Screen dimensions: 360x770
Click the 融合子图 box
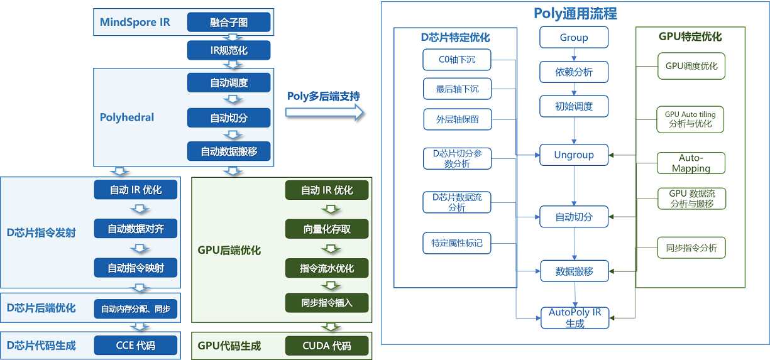[229, 23]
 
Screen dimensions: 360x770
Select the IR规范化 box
[229, 50]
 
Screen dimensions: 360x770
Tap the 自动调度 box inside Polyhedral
[229, 82]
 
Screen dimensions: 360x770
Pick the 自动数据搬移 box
[229, 151]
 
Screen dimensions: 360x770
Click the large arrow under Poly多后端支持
[324, 112]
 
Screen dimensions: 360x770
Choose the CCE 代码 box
[136, 345]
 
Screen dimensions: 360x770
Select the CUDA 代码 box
[327, 346]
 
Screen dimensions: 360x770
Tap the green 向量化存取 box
[327, 229]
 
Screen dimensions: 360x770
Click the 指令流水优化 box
[327, 268]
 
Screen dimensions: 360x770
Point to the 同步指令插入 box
[327, 303]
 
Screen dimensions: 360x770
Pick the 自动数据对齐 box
[136, 229]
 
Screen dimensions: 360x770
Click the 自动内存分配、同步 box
[136, 308]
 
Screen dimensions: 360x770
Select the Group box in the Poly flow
[574, 38]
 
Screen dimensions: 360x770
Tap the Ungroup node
[574, 155]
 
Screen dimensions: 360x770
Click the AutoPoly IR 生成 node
[575, 318]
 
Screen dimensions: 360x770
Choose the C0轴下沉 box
[457, 60]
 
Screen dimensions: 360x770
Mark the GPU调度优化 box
[691, 66]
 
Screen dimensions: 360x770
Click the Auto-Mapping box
[691, 163]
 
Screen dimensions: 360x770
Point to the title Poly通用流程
[575, 13]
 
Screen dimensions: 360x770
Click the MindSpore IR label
[135, 23]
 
